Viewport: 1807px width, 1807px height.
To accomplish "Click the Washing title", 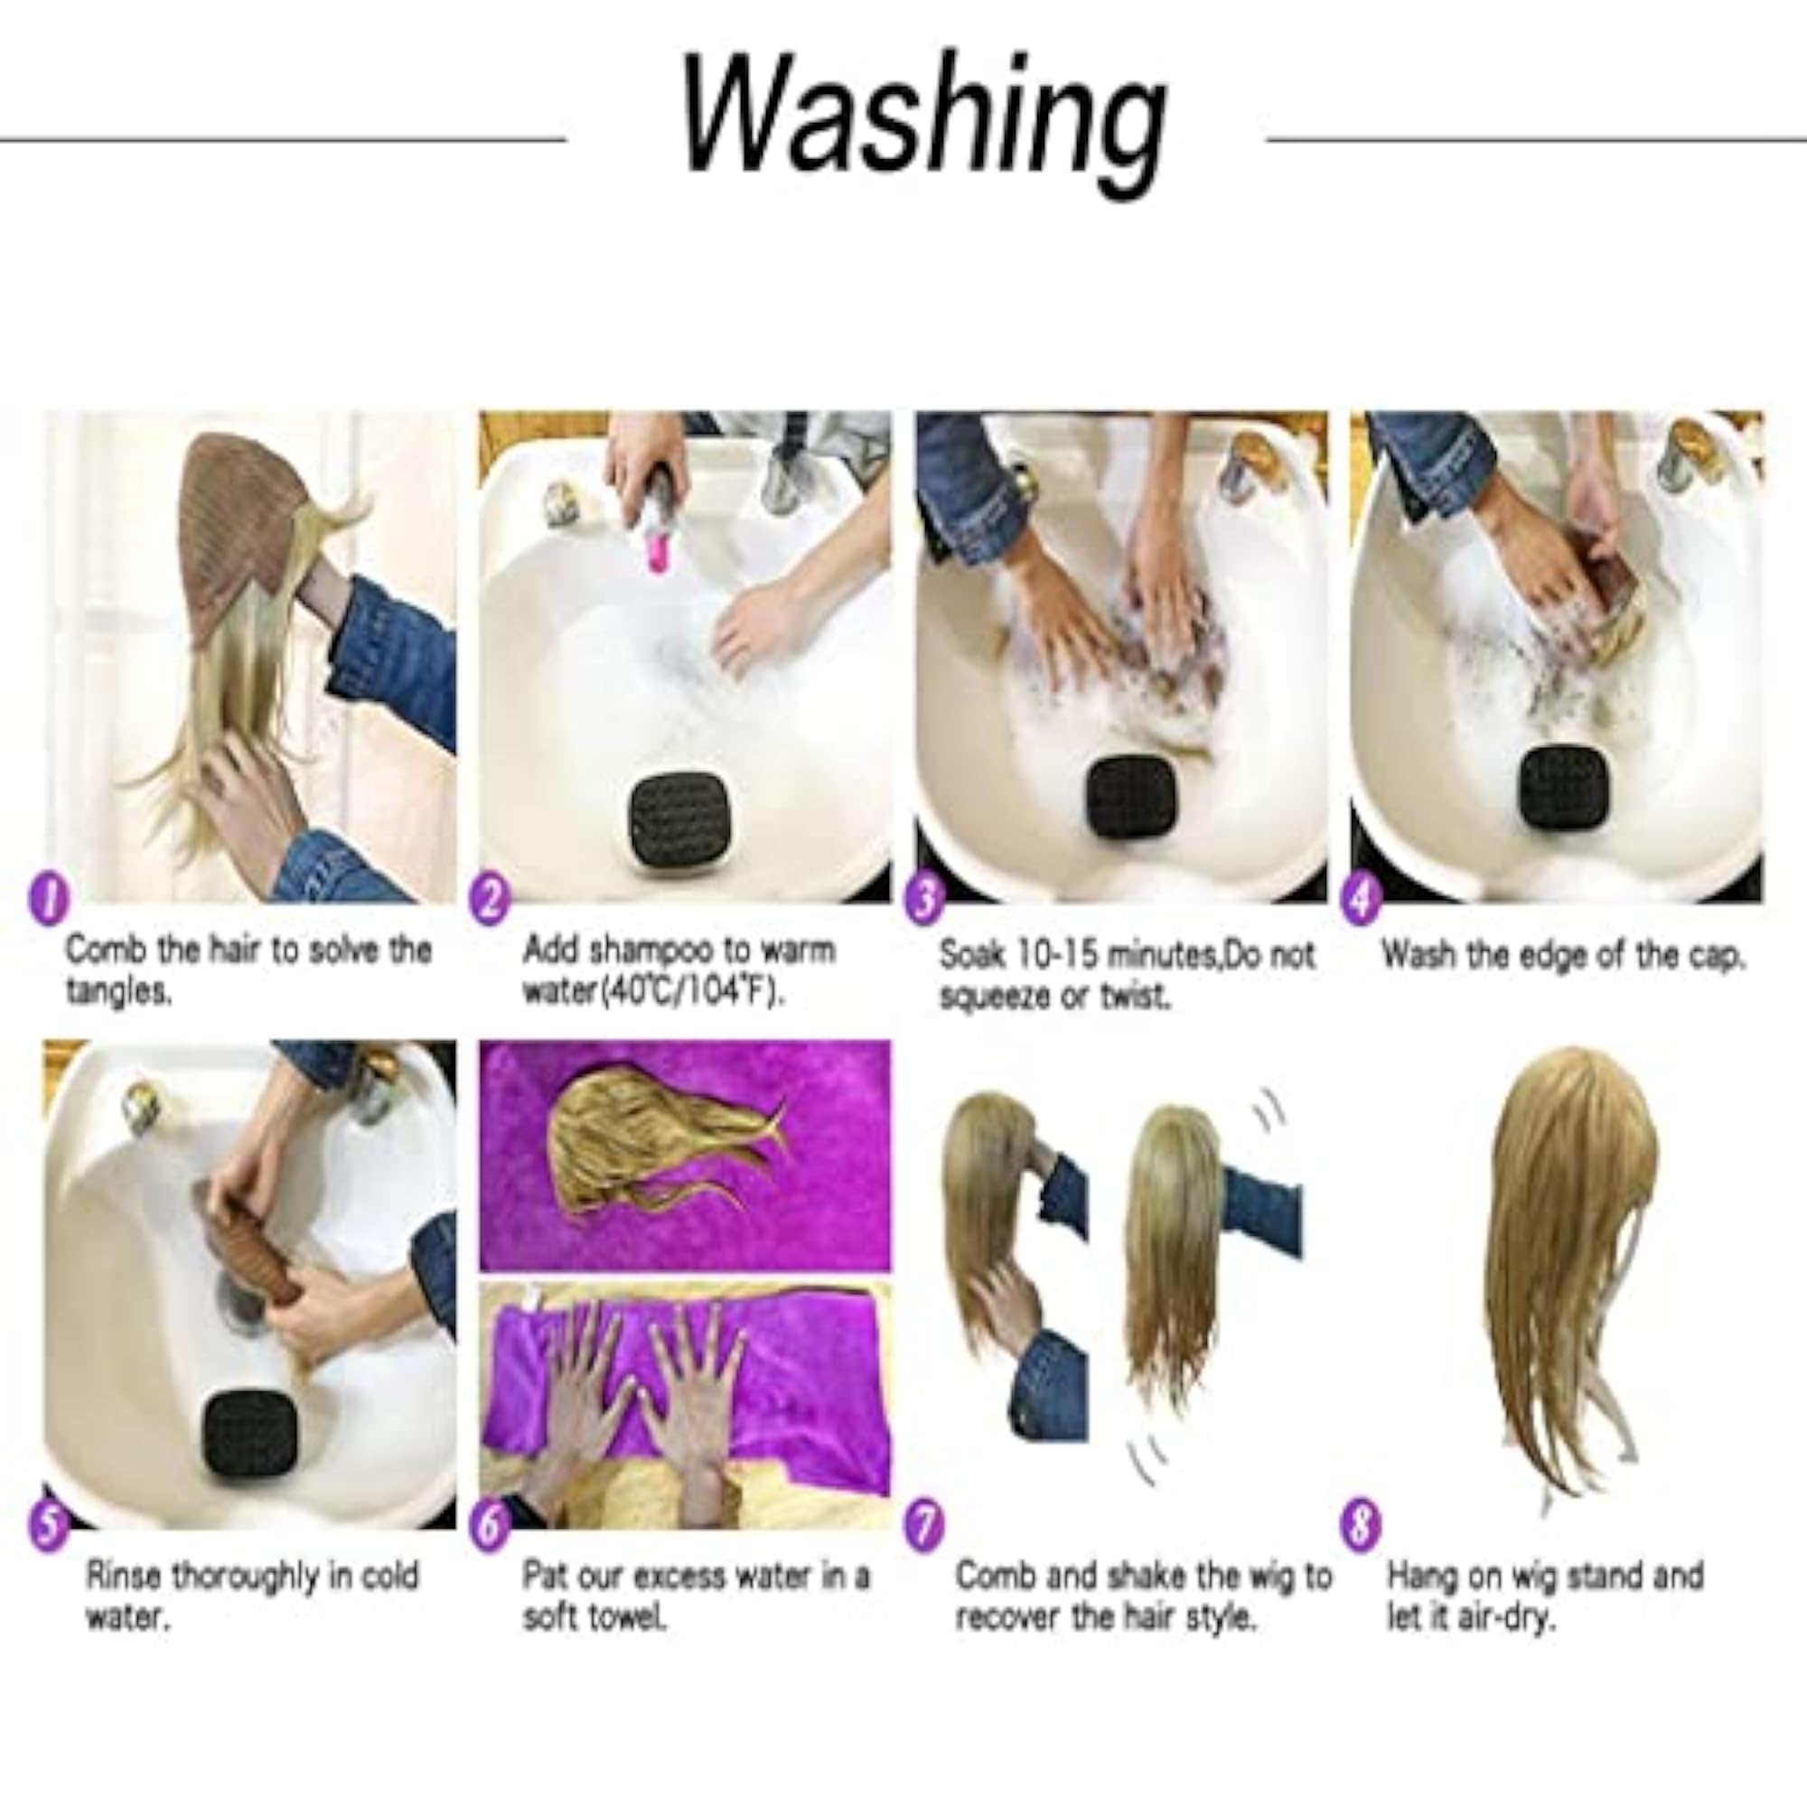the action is pos(924,126).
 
